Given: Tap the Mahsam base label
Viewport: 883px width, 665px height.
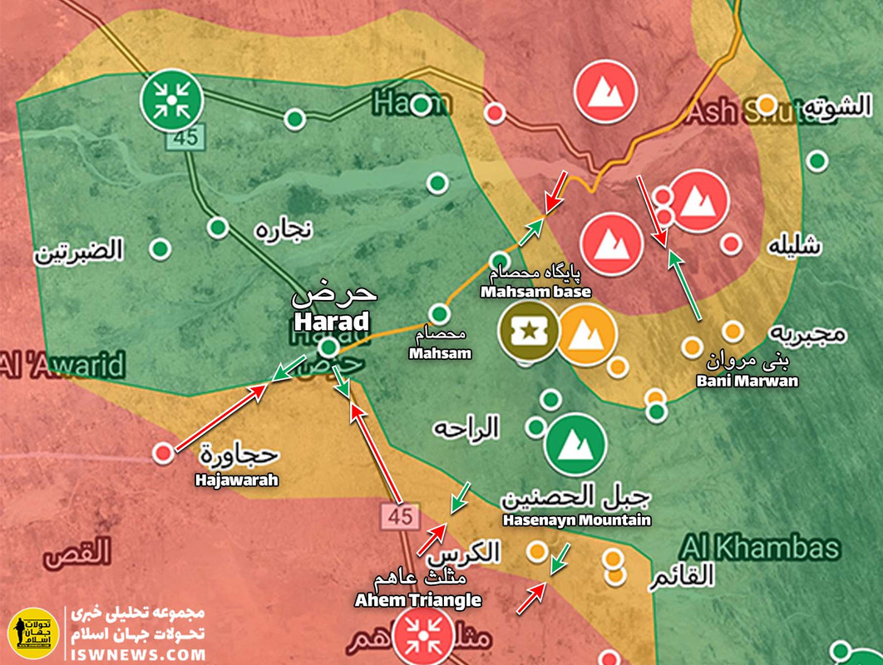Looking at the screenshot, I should coord(535,292).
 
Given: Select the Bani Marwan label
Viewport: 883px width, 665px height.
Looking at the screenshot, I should coord(747,381).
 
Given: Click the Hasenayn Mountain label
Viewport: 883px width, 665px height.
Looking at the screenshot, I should coord(575,520).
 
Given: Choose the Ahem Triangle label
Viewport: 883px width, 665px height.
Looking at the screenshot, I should coord(417,599).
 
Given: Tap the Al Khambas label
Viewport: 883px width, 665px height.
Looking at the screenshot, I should coord(759,548).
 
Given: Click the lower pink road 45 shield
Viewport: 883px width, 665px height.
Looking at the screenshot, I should coord(400,516).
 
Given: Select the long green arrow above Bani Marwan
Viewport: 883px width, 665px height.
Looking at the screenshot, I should coord(687,286).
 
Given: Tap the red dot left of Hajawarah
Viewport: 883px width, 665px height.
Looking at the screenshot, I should coord(164,452).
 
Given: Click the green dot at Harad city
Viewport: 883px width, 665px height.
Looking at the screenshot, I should coord(330,346).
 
